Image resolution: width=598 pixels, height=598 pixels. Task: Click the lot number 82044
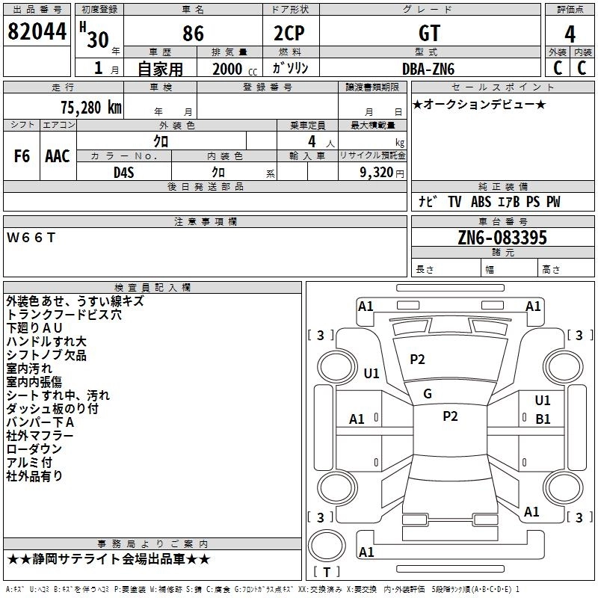click(x=37, y=32)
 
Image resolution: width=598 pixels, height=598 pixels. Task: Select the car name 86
click(x=193, y=34)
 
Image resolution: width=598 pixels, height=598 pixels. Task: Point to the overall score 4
click(x=570, y=34)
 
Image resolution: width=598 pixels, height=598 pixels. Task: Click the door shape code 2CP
click(x=290, y=34)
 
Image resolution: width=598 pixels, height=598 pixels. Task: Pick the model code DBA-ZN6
click(x=428, y=68)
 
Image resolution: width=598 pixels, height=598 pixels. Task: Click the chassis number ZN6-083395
click(x=502, y=238)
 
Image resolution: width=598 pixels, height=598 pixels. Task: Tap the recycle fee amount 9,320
click(x=377, y=172)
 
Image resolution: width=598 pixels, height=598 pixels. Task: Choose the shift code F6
click(x=22, y=156)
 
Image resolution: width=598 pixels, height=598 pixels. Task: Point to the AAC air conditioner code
click(x=58, y=156)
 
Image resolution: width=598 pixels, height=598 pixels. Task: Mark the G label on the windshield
click(x=428, y=393)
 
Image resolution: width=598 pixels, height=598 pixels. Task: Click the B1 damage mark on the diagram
click(x=543, y=419)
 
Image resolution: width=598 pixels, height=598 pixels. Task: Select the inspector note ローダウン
click(x=34, y=449)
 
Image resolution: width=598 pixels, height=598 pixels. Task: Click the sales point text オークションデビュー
click(x=479, y=104)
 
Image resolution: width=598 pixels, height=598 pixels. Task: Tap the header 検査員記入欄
click(x=152, y=287)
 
